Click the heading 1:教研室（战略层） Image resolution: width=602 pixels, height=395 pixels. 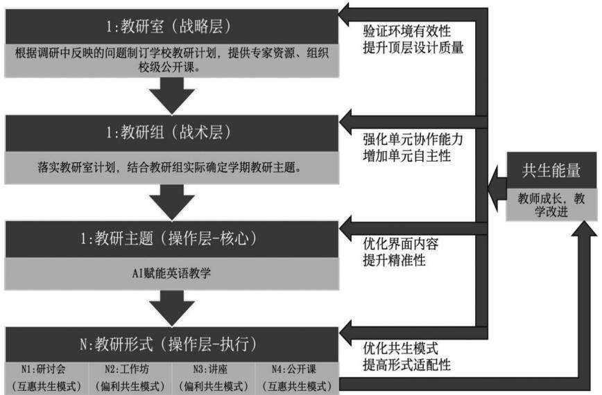click(169, 26)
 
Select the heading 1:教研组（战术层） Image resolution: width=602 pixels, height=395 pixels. click(169, 132)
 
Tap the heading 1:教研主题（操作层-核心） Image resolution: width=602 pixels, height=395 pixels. click(169, 238)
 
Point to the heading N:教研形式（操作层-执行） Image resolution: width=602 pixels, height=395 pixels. click(169, 344)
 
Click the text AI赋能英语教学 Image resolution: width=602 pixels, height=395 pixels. click(171, 273)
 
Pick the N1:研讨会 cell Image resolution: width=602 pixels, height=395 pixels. click(46, 378)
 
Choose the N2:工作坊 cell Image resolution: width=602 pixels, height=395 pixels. click(130, 378)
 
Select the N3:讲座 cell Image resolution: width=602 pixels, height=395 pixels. click(214, 378)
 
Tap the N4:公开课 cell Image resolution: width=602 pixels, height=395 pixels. click(297, 378)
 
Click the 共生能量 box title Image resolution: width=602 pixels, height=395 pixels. click(551, 170)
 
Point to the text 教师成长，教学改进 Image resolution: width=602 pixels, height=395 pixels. click(551, 205)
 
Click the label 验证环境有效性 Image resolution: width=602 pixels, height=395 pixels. click(407, 31)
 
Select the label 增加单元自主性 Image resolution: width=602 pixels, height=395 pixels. click(407, 156)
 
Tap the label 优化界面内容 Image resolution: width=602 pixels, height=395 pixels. click(401, 243)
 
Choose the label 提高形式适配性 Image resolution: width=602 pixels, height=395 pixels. click(407, 365)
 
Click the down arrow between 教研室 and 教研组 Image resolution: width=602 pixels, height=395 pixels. click(171, 96)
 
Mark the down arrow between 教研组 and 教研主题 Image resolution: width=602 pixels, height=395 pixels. click(171, 202)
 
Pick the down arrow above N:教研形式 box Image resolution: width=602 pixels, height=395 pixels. click(171, 308)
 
